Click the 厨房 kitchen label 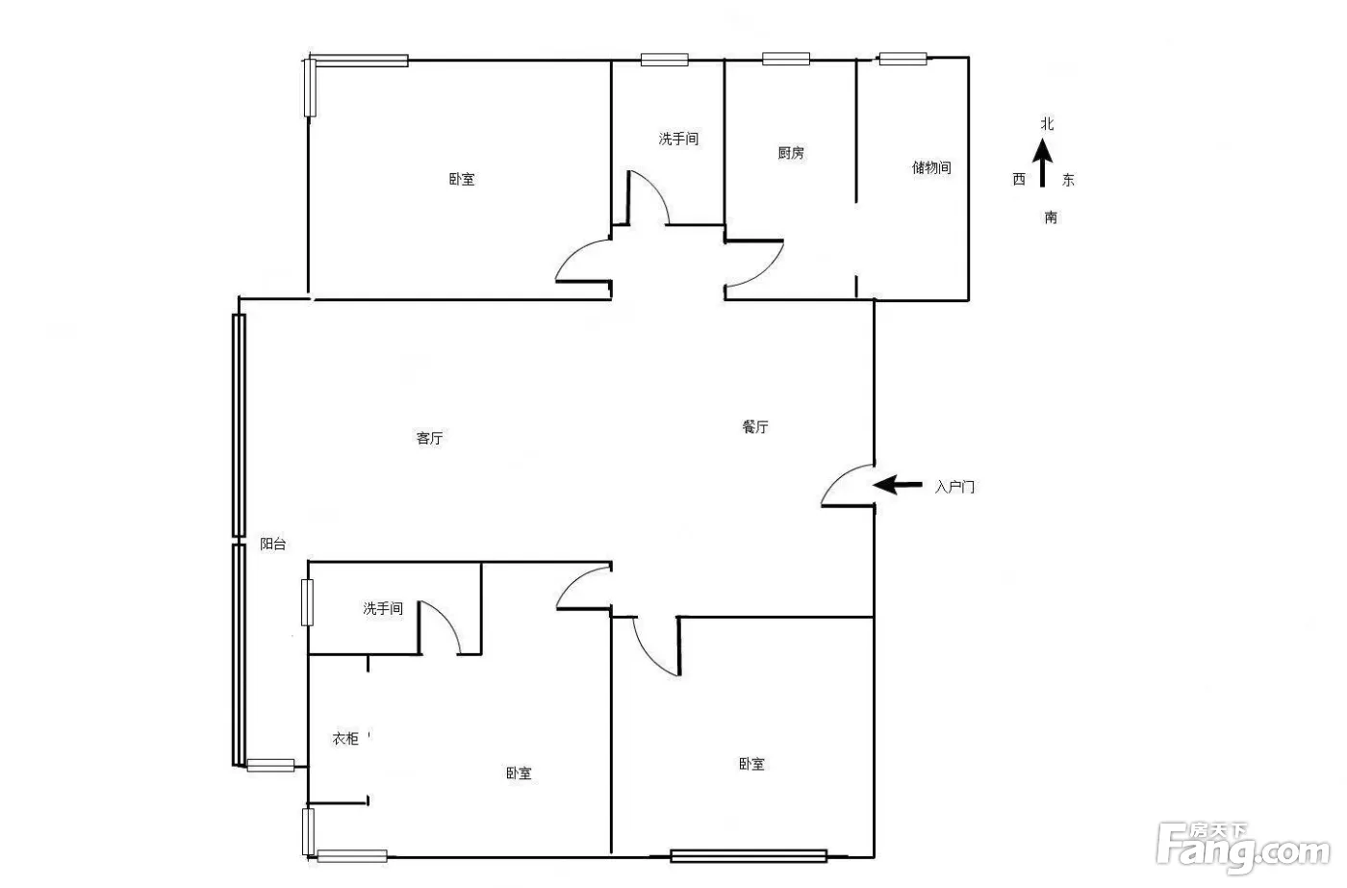click(x=791, y=153)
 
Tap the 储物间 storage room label click(x=931, y=167)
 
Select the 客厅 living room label click(x=429, y=439)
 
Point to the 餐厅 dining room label click(x=755, y=427)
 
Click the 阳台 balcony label click(x=272, y=545)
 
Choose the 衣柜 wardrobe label click(x=345, y=738)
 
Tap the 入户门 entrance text click(x=954, y=487)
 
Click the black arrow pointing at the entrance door click(x=897, y=485)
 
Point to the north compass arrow click(x=1043, y=163)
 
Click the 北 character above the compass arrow click(x=1048, y=124)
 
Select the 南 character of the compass click(x=1051, y=217)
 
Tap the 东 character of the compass click(x=1068, y=180)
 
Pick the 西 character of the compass click(x=1019, y=179)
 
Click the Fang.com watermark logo click(x=1243, y=849)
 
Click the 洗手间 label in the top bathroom click(x=679, y=139)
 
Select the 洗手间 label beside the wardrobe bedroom click(x=383, y=608)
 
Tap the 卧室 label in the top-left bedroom click(x=462, y=179)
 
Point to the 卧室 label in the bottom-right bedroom click(x=751, y=764)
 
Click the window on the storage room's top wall click(x=902, y=59)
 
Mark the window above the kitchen click(x=786, y=59)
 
